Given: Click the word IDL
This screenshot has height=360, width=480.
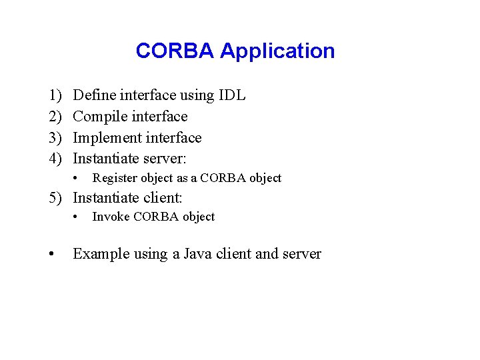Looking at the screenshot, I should click(x=232, y=95).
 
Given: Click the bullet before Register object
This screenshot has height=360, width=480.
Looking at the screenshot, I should click(x=78, y=178).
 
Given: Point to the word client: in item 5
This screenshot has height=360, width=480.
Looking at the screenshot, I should click(x=161, y=198).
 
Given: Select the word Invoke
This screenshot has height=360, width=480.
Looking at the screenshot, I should click(x=108, y=217).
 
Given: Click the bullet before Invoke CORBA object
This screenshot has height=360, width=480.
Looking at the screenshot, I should click(x=78, y=217).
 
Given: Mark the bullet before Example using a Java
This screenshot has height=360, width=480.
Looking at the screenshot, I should click(x=51, y=255).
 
